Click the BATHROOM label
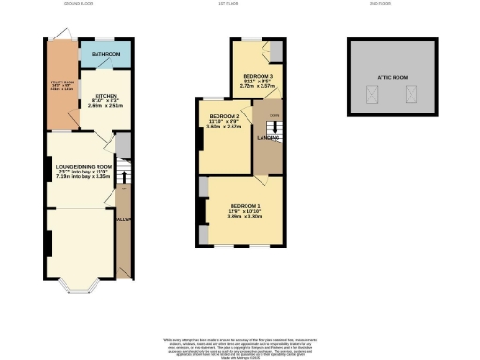click(x=105, y=55)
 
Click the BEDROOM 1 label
click(x=245, y=205)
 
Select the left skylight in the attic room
click(x=372, y=93)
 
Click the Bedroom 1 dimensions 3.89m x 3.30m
click(x=245, y=217)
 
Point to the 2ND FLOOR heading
click(x=391, y=4)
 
